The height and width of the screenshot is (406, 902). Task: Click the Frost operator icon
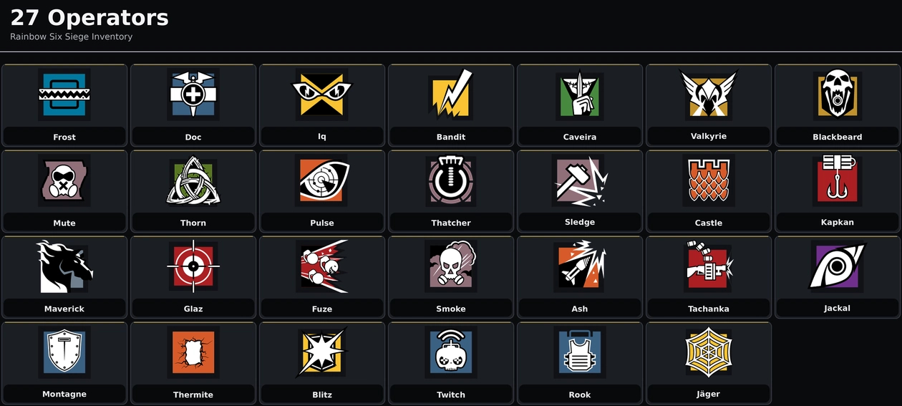click(64, 95)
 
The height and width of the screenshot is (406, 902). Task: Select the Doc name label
click(193, 137)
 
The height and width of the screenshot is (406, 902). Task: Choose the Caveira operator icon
click(580, 95)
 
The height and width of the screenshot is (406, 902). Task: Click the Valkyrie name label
click(709, 136)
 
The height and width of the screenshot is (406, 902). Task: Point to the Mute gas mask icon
click(64, 180)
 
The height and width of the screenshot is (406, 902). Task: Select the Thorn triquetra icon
click(193, 180)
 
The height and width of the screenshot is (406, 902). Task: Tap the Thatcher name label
click(451, 223)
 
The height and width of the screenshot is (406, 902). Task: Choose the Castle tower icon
click(709, 180)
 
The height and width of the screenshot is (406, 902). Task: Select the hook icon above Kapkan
click(838, 179)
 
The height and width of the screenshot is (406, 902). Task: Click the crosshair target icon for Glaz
click(193, 266)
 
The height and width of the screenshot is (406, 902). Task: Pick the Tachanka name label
click(709, 309)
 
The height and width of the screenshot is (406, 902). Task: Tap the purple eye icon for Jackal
click(838, 266)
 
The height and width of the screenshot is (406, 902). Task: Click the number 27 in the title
click(24, 18)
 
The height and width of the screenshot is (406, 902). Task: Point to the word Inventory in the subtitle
click(112, 37)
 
